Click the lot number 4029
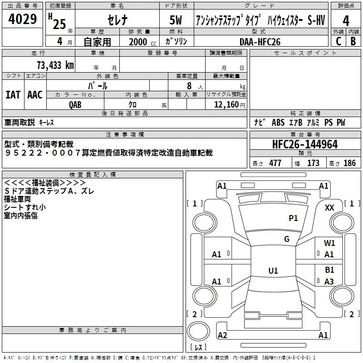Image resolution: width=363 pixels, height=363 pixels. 22,19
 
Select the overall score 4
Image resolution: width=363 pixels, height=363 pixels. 346,21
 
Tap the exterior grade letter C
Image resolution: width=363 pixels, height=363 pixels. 338,41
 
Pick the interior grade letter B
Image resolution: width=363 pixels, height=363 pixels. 353,41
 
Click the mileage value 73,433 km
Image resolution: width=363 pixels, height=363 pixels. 55,65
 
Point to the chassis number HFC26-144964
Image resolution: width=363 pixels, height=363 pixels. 305,144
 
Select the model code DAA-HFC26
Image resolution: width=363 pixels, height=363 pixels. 260,42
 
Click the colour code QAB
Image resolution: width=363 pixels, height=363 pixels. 75,105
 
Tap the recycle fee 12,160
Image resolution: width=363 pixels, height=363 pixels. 226,105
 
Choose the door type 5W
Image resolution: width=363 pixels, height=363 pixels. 176,20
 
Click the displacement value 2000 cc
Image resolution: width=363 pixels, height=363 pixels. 142,42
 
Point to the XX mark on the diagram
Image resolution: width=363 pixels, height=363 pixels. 329,208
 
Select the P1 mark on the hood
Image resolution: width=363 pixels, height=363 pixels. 293,218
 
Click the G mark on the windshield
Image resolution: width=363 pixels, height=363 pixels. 287,239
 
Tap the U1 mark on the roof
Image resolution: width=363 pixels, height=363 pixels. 273,270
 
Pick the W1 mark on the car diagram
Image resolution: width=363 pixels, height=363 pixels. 329,243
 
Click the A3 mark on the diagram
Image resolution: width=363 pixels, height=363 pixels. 329,281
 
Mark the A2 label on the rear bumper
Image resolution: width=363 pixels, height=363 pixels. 222,335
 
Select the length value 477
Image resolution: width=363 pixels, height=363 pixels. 275,163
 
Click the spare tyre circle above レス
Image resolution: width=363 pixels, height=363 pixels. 198,331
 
